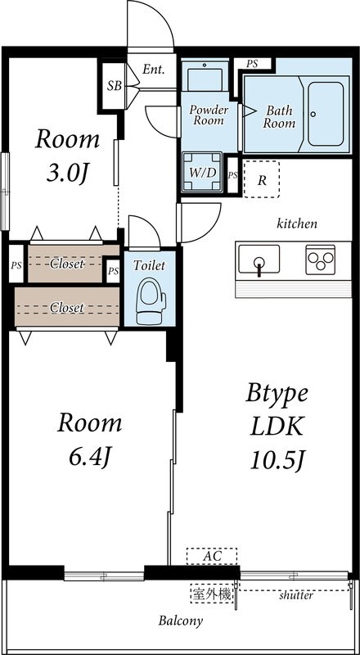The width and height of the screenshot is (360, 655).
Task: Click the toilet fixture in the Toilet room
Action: point(151,300)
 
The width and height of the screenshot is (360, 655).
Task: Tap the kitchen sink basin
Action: point(259,259)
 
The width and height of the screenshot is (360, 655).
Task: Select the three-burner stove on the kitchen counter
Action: point(321,260)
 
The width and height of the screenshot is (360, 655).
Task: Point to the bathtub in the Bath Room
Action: point(326,114)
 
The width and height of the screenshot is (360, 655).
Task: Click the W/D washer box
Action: point(202,172)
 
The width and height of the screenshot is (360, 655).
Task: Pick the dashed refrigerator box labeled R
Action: point(262,179)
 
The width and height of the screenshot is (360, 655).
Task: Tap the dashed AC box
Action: point(212,556)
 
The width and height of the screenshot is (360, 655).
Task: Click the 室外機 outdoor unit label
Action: point(212,594)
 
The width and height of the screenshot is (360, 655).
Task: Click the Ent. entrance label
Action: point(154,70)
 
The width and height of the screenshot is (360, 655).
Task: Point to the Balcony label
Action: point(181,621)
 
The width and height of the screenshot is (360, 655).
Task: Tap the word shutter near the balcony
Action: point(296,595)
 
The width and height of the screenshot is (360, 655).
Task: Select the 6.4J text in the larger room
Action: point(90,458)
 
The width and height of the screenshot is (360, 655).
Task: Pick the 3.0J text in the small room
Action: point(67,174)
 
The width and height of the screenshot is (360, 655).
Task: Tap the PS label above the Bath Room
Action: point(252,64)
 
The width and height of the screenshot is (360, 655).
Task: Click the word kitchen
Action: point(297,224)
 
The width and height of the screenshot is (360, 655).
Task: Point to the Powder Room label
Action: point(209,115)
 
